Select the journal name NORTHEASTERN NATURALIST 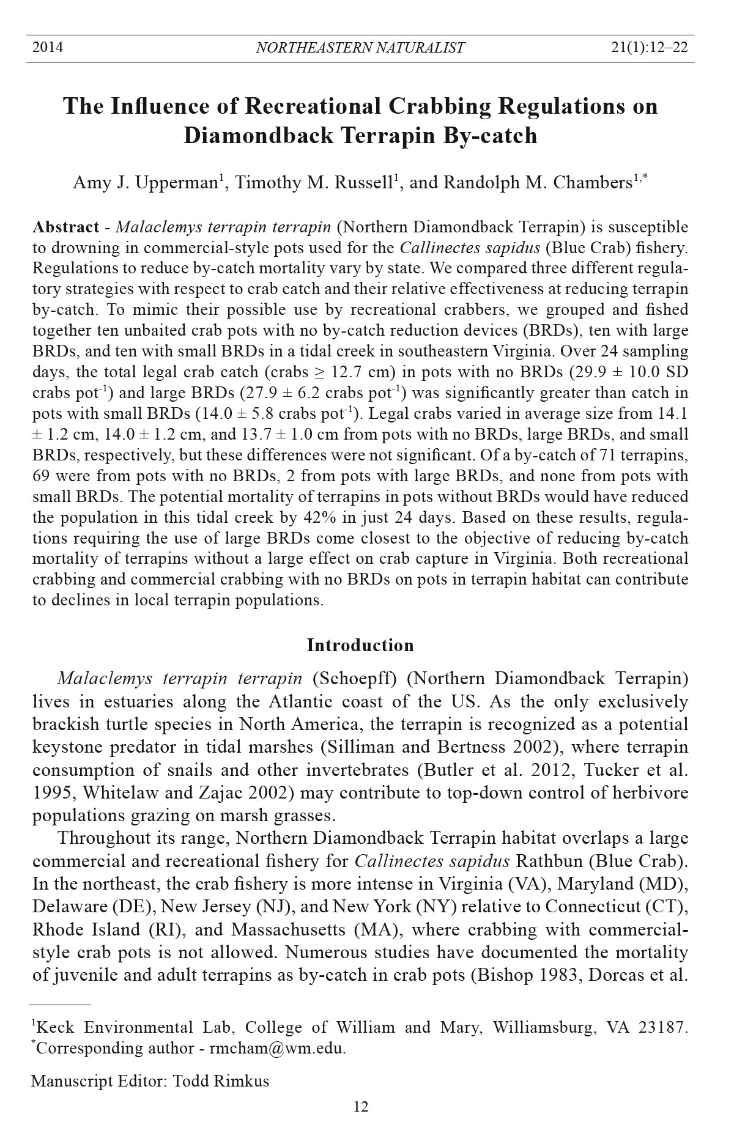click(360, 48)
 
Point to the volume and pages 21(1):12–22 click(649, 47)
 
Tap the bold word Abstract click(65, 227)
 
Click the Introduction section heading click(360, 645)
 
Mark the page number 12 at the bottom click(361, 1107)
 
